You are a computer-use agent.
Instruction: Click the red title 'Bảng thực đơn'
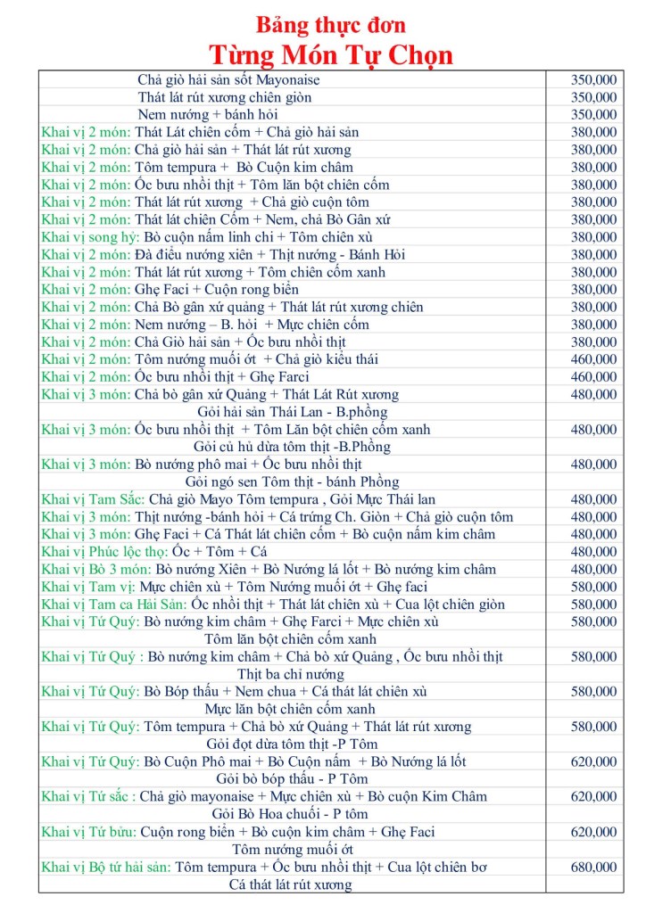[330, 25]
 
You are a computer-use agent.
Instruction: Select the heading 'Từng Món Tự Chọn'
[331, 55]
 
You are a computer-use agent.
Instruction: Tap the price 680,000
[593, 867]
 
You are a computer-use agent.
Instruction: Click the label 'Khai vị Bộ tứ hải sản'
[106, 867]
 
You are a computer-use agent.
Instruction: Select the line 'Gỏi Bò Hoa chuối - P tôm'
[290, 814]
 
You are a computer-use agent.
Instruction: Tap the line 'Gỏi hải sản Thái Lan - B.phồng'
[290, 412]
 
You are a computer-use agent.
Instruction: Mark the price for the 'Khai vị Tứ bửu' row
[593, 832]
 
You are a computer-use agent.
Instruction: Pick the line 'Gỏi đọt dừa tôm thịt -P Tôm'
[291, 744]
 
